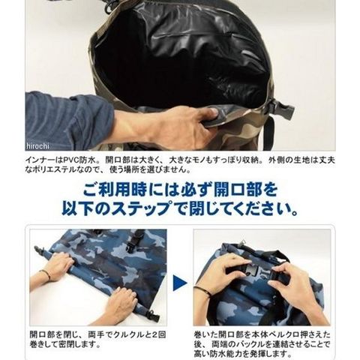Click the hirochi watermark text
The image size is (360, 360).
click(x=37, y=146)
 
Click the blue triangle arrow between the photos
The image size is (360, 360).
click(x=180, y=283)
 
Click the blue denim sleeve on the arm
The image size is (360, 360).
click(x=67, y=120)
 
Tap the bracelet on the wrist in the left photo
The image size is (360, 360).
click(x=47, y=274)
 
